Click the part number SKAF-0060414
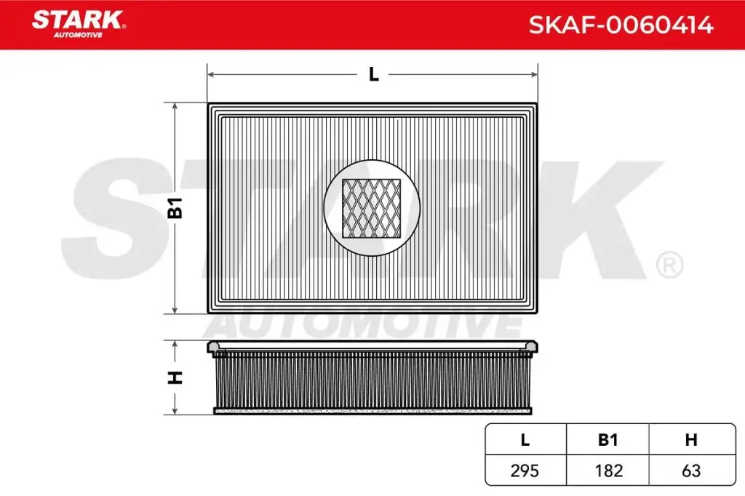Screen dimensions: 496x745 621,25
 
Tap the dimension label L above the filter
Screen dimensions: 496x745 373,74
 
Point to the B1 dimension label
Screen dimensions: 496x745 175,209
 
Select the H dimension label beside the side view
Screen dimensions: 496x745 175,377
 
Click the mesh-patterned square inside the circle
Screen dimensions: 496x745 372,209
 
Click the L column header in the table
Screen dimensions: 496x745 525,440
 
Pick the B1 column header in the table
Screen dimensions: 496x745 607,440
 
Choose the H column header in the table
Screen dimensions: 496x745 690,440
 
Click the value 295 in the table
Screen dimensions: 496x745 525,471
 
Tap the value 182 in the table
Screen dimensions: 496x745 607,471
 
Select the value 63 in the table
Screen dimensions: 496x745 690,471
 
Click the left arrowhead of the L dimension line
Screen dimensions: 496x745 212,74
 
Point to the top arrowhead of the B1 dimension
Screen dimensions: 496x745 175,107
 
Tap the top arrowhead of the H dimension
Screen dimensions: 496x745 175,344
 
